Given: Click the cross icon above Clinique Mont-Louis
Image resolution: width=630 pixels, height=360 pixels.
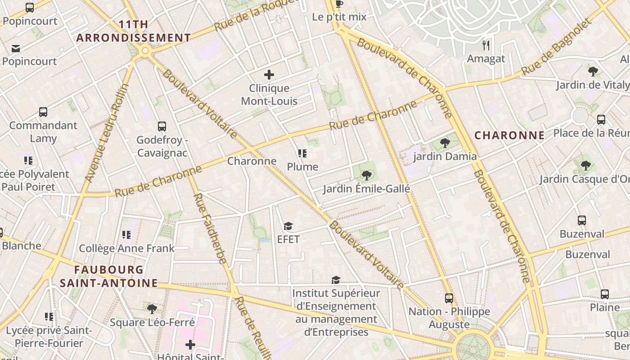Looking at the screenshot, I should coord(269,75).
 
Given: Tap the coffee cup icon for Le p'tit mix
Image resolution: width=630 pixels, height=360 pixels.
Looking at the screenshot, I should coord(339,4).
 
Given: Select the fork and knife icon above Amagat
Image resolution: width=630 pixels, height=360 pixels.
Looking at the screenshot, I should coord(486,45).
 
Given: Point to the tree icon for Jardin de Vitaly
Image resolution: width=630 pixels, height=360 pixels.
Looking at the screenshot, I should coord(593,71).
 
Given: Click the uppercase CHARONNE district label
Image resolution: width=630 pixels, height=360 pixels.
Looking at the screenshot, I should coord(509,135).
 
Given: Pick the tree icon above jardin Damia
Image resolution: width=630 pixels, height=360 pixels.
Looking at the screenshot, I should coord(445,143).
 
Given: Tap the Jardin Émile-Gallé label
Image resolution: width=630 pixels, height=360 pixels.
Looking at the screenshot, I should coord(366,189).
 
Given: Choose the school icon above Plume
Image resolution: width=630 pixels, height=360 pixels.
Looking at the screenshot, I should coord(302,153).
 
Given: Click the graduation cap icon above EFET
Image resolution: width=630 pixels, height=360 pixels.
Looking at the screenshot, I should coord(288,226).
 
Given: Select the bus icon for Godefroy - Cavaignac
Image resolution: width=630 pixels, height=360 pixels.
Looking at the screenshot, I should coord(162,126).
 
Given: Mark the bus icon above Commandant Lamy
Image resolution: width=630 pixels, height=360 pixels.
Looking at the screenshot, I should coord(43,112).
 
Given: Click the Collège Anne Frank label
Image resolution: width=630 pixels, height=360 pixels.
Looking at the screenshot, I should coord(126,248).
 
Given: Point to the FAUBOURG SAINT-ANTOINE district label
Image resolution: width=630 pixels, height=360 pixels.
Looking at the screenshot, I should coord(109,276).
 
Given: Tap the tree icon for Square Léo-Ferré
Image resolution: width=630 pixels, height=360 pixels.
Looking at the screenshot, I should coord(152,309).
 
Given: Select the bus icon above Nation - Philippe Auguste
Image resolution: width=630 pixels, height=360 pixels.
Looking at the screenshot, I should coord(449,298).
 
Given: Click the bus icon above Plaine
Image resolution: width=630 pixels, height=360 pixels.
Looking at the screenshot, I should coord(605,294).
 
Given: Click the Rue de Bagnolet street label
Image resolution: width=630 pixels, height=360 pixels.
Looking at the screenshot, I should coord(556,47).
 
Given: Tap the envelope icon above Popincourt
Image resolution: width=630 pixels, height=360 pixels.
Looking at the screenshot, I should coord(16,48).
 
